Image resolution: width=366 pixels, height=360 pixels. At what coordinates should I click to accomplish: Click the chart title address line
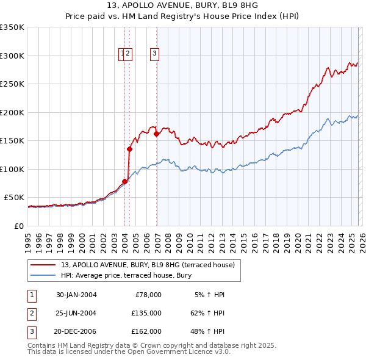[x=182, y=7]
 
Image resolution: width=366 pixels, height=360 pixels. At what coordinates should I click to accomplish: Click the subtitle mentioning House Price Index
[x=182, y=18]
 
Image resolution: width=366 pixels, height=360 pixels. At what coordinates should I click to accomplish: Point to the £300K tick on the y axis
[x=12, y=56]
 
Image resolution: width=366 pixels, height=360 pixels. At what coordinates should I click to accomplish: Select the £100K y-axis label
[x=12, y=169]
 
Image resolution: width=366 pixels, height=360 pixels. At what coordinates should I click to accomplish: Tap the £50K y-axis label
[x=14, y=198]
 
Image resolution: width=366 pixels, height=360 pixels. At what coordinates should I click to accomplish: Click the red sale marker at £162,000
[x=157, y=134]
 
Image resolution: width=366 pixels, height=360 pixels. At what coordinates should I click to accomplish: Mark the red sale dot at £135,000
[x=130, y=149]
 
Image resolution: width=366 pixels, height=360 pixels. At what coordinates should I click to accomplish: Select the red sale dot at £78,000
[x=125, y=181]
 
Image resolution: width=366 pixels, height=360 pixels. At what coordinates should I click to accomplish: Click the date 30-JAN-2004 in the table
[x=76, y=295]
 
